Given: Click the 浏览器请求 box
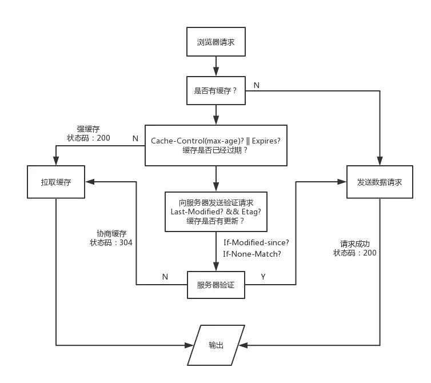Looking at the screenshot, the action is coord(216,42).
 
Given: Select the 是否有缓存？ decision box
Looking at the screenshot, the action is coord(216,90).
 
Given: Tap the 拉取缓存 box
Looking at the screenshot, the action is coord(55,182).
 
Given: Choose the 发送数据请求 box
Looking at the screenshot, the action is coord(379,182).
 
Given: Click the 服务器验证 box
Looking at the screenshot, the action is coord(216,285).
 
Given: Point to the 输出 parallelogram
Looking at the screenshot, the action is coord(216,345).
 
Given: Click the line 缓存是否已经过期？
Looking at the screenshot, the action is coord(215,150).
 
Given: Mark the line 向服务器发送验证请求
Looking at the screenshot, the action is coord(215,202).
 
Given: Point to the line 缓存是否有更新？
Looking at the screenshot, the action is coord(215,221).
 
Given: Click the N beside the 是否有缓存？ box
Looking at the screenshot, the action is coord(257,85).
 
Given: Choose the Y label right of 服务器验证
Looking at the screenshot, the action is coord(263,277).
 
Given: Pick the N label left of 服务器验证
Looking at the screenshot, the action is coord(165,277).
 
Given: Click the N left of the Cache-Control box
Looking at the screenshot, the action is coord(135,138).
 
